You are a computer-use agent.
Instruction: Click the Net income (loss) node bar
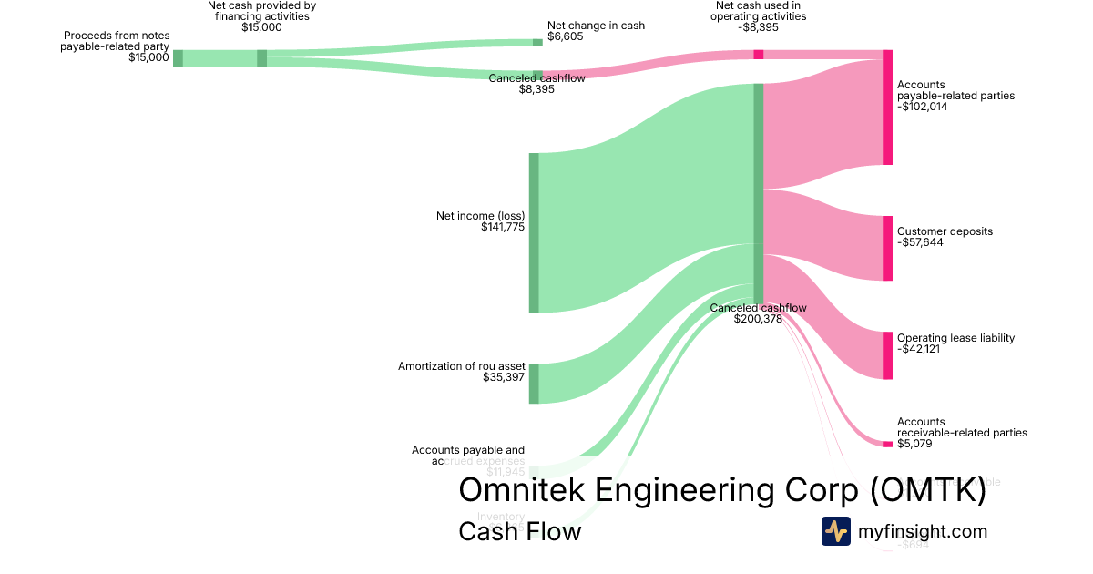[534, 232]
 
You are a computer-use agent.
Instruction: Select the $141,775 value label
[503, 227]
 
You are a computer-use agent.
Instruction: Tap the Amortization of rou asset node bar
[534, 384]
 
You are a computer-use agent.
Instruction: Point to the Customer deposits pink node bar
[887, 248]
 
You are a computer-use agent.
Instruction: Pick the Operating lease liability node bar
[887, 355]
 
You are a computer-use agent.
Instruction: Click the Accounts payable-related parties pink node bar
[887, 108]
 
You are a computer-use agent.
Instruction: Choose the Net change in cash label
[596, 26]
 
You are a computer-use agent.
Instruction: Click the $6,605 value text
[566, 37]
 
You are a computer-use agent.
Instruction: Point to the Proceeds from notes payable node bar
[178, 58]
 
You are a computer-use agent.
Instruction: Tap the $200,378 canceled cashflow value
[758, 319]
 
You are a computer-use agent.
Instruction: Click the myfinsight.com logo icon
[835, 531]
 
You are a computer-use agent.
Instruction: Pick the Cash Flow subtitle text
[519, 531]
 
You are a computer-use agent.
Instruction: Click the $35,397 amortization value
[504, 376]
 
